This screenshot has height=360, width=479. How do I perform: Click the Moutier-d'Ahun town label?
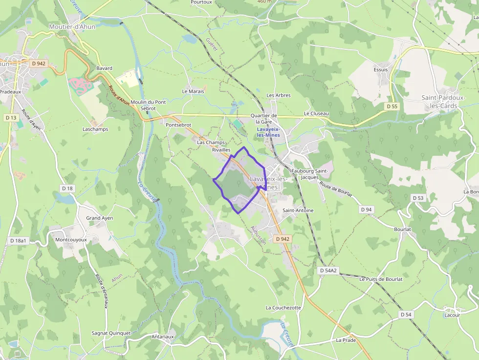pyautogui.click(x=72, y=27)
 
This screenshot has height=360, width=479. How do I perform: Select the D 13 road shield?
pyautogui.click(x=11, y=118)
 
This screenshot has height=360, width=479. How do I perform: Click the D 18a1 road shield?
pyautogui.click(x=18, y=241)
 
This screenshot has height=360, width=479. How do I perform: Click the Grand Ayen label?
pyautogui.click(x=100, y=218)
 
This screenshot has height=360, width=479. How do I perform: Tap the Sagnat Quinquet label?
pyautogui.click(x=111, y=333)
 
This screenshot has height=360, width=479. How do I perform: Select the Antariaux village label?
pyautogui.click(x=163, y=337)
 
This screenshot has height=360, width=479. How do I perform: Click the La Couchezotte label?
pyautogui.click(x=283, y=308)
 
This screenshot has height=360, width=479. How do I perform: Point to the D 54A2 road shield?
pyautogui.click(x=328, y=270)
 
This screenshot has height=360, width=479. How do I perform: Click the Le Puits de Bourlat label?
pyautogui.click(x=381, y=279)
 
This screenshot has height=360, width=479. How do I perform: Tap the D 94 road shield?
pyautogui.click(x=366, y=210)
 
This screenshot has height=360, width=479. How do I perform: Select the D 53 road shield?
pyautogui.click(x=418, y=198)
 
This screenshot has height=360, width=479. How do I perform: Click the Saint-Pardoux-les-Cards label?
pyautogui.click(x=443, y=102)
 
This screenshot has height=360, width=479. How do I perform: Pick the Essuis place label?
pyautogui.click(x=380, y=69)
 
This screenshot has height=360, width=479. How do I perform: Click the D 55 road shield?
pyautogui.click(x=392, y=106)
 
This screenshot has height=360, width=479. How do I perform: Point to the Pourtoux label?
pyautogui.click(x=201, y=2)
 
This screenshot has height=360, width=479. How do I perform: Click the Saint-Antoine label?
pyautogui.click(x=298, y=210)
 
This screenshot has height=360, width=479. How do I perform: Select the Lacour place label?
pyautogui.click(x=452, y=315)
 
